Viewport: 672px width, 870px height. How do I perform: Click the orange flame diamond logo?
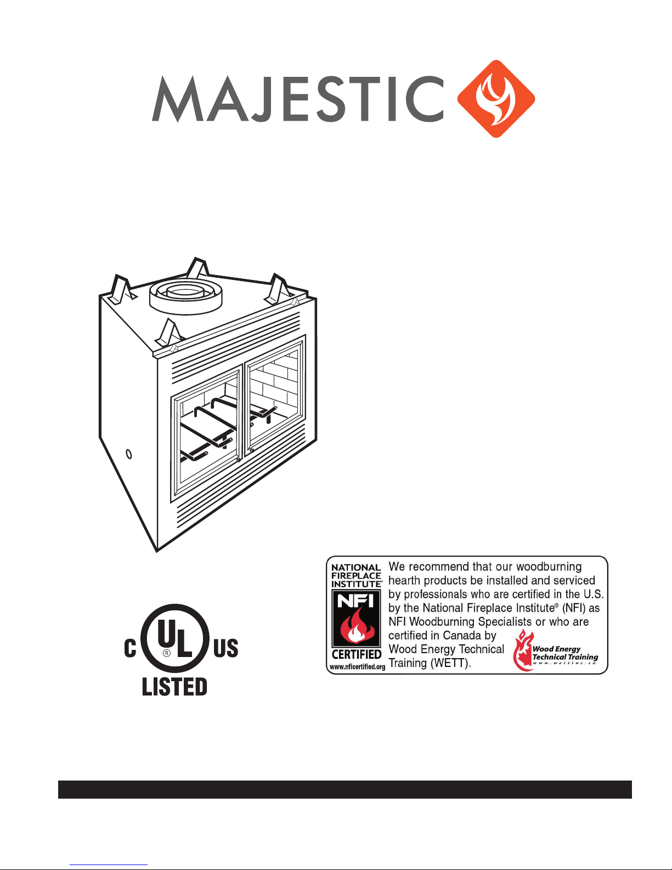(496, 99)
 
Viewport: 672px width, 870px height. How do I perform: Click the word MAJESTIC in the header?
(298, 99)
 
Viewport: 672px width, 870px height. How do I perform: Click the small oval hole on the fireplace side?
(129, 454)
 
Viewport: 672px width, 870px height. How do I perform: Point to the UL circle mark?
(175, 638)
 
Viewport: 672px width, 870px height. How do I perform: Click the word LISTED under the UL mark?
(174, 687)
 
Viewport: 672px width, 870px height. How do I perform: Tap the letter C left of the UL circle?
(130, 648)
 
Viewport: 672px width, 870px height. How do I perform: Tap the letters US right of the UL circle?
(225, 648)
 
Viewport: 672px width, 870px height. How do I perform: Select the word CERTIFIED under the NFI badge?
(357, 654)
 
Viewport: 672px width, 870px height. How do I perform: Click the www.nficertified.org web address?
(357, 667)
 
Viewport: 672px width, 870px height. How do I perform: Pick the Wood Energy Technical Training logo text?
(564, 654)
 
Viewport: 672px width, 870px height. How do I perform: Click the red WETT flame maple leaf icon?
(523, 651)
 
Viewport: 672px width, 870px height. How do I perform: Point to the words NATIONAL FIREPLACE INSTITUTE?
(356, 576)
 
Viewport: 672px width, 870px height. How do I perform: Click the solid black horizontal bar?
(345, 789)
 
